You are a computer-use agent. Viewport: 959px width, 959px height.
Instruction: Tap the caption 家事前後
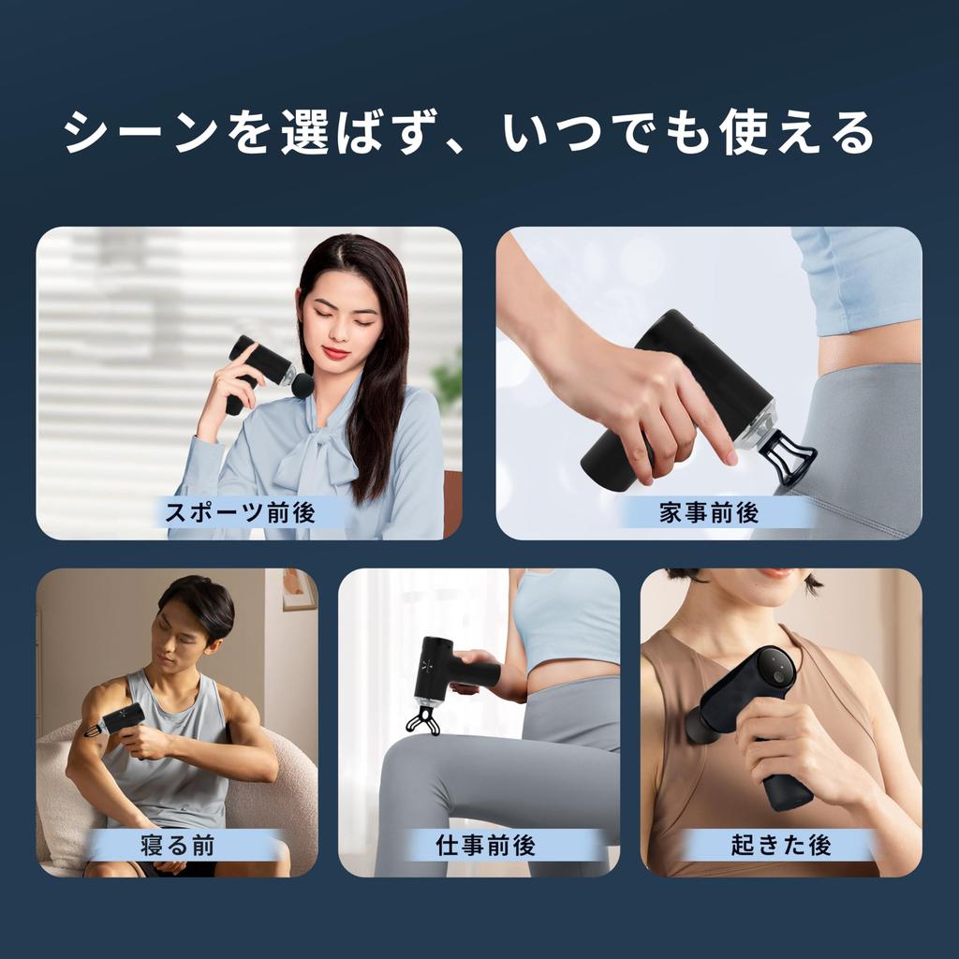click(x=708, y=512)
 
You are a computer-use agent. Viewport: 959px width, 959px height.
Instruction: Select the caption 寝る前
click(x=177, y=846)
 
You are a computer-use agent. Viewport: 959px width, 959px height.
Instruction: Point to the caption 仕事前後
click(x=485, y=846)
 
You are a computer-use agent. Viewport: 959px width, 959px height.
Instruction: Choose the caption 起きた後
click(x=781, y=846)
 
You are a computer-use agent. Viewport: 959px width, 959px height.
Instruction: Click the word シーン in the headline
click(x=140, y=133)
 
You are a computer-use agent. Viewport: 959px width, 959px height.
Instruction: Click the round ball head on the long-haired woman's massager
click(x=302, y=384)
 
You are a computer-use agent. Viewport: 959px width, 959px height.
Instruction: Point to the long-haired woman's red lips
click(x=336, y=352)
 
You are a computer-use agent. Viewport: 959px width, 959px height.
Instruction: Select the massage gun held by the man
click(x=117, y=720)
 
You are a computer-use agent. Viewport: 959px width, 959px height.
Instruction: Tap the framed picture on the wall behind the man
click(x=299, y=589)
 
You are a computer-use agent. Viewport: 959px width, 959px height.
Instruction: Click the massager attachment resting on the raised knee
click(x=422, y=718)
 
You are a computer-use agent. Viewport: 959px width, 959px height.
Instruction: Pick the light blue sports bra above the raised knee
click(x=566, y=618)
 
